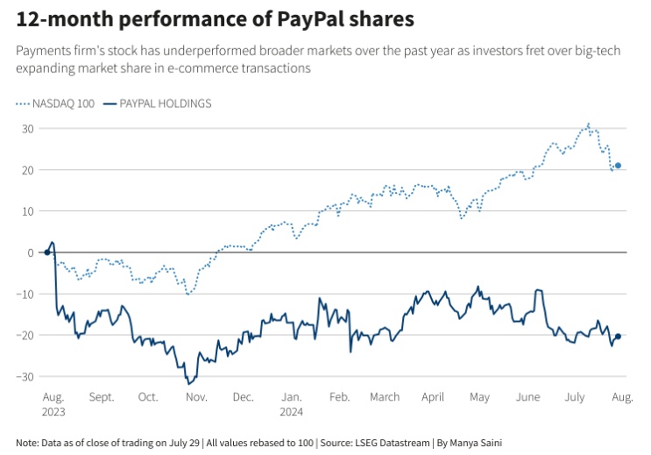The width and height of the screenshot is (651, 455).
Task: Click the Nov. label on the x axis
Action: tap(196, 397)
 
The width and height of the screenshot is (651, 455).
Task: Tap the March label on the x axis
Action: tap(384, 397)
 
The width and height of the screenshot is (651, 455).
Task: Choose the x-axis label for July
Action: tap(574, 397)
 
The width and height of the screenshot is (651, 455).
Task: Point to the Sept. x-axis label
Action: tap(102, 397)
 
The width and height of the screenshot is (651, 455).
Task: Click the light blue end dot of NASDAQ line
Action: tap(618, 165)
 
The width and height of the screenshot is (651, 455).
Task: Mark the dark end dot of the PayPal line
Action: tap(618, 337)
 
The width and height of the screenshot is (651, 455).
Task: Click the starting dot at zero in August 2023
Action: tap(47, 252)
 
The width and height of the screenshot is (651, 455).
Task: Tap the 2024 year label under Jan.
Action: tap(293, 410)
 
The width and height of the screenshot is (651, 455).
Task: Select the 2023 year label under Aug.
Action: tap(53, 410)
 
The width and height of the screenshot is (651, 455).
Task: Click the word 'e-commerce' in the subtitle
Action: tap(230, 68)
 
